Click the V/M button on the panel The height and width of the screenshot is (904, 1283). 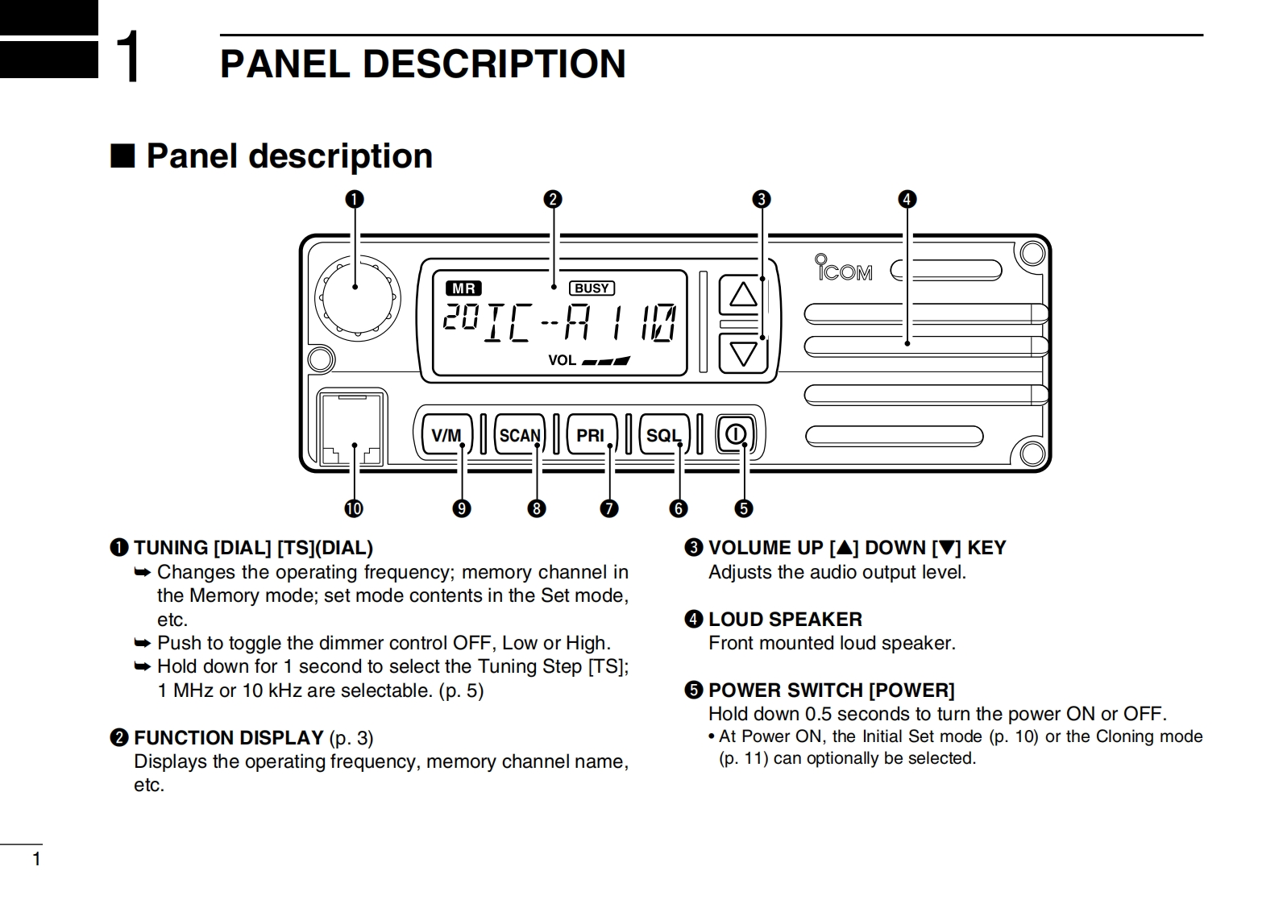(x=446, y=435)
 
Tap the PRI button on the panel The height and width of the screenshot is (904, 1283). (x=591, y=435)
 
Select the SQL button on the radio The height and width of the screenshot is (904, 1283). (x=663, y=435)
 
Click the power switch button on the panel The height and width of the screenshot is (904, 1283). (x=735, y=435)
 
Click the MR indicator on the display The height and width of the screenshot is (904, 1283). (x=463, y=288)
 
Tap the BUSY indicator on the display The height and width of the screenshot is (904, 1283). (x=592, y=288)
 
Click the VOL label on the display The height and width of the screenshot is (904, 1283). (x=562, y=360)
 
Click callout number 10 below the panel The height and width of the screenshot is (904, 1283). (x=353, y=508)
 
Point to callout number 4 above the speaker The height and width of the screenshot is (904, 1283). (x=907, y=199)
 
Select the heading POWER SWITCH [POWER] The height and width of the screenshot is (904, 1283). (x=830, y=690)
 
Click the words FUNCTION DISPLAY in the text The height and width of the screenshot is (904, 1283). (x=228, y=738)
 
